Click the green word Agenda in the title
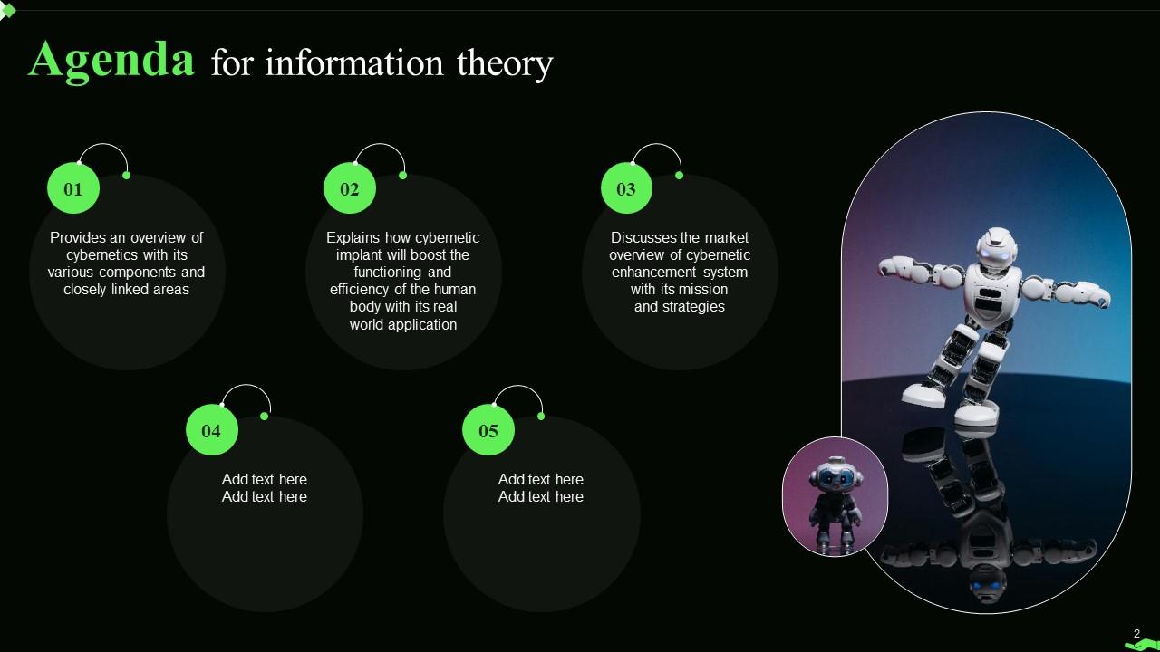(111, 60)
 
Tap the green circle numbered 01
(72, 189)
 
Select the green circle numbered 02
(350, 189)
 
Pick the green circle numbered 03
(626, 189)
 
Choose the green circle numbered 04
(211, 431)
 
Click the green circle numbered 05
(488, 431)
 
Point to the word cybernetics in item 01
(103, 255)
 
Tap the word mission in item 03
(703, 290)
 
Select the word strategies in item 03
(693, 307)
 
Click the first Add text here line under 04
(265, 480)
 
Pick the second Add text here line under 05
(541, 497)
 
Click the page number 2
(1136, 634)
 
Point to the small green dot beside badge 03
(679, 175)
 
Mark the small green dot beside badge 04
(265, 417)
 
